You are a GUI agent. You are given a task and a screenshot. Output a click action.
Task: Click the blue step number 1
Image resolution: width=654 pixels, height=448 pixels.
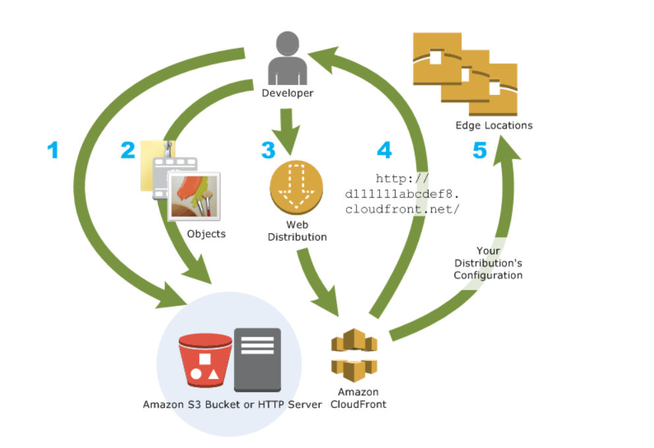click(53, 151)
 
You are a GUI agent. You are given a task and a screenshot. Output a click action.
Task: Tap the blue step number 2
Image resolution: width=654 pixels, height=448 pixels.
click(127, 151)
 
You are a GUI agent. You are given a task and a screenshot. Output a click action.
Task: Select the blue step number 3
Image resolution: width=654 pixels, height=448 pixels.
click(268, 151)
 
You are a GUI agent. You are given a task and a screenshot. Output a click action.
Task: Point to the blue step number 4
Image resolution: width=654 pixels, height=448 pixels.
click(384, 151)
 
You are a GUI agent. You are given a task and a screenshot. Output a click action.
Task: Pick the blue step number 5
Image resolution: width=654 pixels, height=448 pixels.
click(479, 151)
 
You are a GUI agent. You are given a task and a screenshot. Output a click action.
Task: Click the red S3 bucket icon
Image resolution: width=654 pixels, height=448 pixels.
click(205, 362)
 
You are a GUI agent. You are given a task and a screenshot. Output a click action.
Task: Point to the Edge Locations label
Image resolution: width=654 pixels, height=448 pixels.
click(494, 125)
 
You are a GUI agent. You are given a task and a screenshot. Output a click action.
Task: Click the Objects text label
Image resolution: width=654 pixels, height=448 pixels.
click(206, 234)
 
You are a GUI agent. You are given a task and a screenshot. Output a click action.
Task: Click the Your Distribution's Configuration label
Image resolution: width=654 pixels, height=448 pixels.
click(488, 263)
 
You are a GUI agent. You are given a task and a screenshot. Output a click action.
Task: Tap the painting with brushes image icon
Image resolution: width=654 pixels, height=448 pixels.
click(194, 196)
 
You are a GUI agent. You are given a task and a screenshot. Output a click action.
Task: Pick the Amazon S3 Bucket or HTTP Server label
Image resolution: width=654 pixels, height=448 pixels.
click(233, 404)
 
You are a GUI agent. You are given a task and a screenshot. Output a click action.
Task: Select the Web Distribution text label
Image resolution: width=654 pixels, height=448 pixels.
click(297, 231)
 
